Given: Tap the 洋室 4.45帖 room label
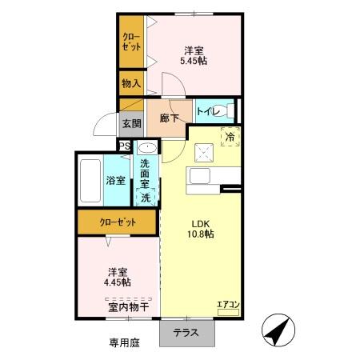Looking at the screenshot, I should (x=117, y=276).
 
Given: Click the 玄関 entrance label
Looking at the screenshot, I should (x=131, y=123).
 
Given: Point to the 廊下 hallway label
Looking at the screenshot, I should (x=169, y=118).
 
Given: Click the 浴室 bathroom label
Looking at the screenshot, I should (x=116, y=180).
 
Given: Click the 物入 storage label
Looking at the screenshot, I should (x=131, y=82).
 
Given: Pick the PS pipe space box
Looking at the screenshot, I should (x=124, y=146).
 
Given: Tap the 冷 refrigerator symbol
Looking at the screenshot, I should (x=230, y=137).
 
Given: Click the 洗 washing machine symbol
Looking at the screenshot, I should (x=146, y=197).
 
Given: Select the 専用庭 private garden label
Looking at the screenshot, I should (x=124, y=343).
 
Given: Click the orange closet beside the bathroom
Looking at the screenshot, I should (x=117, y=222).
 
